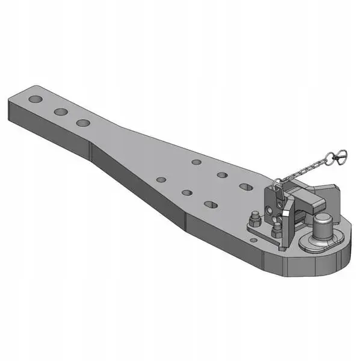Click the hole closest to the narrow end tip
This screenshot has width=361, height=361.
[x=35, y=99]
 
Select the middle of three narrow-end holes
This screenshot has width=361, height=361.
[x=60, y=111]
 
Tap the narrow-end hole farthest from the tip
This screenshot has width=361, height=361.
[x=83, y=123]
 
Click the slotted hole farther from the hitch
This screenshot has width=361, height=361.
[x=211, y=205]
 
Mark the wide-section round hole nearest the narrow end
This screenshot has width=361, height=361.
[x=161, y=179]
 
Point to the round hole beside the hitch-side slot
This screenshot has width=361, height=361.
[x=222, y=175]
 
